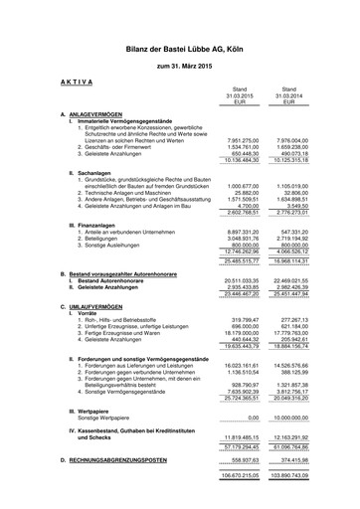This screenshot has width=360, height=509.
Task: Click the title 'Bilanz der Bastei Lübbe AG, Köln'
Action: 179,47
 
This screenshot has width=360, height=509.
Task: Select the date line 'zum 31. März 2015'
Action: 179,66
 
